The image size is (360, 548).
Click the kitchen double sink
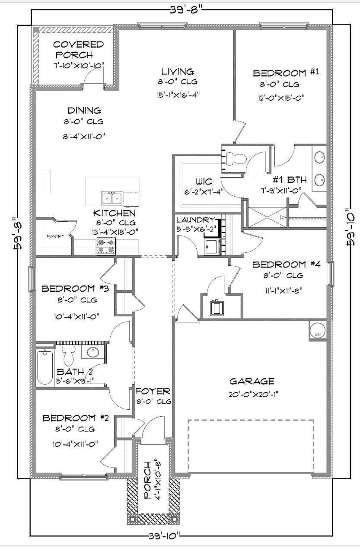tap(111, 198)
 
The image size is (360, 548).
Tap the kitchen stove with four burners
tap(106, 247)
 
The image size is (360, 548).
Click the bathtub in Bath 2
tap(45, 367)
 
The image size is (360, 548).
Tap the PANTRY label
tap(55, 236)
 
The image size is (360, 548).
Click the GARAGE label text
tap(252, 381)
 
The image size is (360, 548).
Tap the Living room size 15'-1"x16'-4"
tap(178, 94)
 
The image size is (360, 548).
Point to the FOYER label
tap(153, 392)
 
